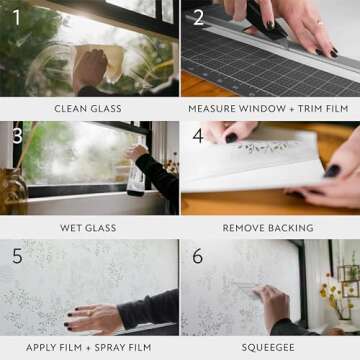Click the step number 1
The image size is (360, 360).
coord(16,17)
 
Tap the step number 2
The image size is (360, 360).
coord(198,17)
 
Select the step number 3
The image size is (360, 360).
coord(16,135)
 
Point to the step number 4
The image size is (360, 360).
coord(198,135)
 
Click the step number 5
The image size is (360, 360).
coord(16,256)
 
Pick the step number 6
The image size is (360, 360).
coord(198,256)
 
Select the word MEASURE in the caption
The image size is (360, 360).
coord(213,107)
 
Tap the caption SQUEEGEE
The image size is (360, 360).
coord(269,347)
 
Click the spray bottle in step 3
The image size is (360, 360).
coord(134,178)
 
